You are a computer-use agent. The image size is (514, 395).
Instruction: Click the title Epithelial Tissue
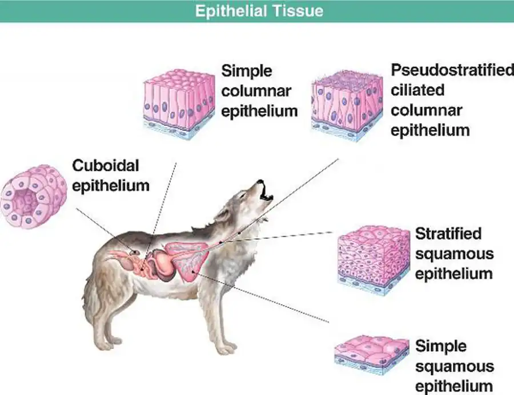click(259, 11)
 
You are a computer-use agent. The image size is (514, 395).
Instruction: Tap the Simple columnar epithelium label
click(259, 91)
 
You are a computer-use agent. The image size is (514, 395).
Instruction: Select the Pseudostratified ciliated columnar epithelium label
click(452, 100)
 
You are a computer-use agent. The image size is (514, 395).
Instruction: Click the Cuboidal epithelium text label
click(111, 176)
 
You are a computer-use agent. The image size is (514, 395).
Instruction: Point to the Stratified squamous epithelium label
click(453, 253)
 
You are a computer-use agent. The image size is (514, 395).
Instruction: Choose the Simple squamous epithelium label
click(454, 365)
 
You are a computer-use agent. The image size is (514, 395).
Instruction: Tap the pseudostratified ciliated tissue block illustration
click(348, 105)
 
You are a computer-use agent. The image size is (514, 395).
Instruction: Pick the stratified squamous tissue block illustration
click(374, 259)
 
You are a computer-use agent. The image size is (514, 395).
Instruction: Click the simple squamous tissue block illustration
click(371, 354)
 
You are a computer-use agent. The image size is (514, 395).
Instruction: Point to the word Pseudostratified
click(452, 70)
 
